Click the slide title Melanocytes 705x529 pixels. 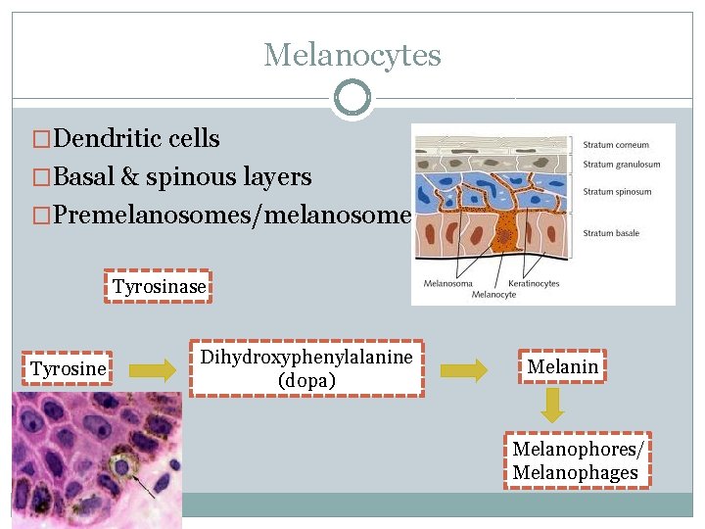352,55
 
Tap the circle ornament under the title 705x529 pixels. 352,99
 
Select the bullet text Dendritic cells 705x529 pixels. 137,139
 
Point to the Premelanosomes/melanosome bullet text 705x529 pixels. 231,214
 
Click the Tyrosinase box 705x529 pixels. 159,287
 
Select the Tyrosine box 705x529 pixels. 68,368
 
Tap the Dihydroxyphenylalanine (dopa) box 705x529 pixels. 306,368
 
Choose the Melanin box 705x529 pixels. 562,366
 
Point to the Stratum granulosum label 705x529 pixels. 622,165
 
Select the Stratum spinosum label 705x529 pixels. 618,192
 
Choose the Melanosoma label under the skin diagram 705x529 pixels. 448,283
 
